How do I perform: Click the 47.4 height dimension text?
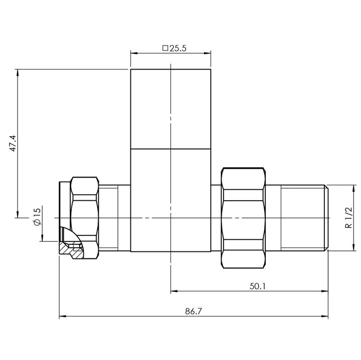(14, 143)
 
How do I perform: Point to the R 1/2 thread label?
(347, 218)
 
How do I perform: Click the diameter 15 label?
(37, 219)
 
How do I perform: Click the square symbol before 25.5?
(165, 49)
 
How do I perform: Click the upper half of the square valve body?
(170, 109)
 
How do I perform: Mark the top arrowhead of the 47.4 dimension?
(18, 72)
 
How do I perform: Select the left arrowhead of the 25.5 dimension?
(133, 52)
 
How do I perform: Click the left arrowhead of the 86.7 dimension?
(62, 317)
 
